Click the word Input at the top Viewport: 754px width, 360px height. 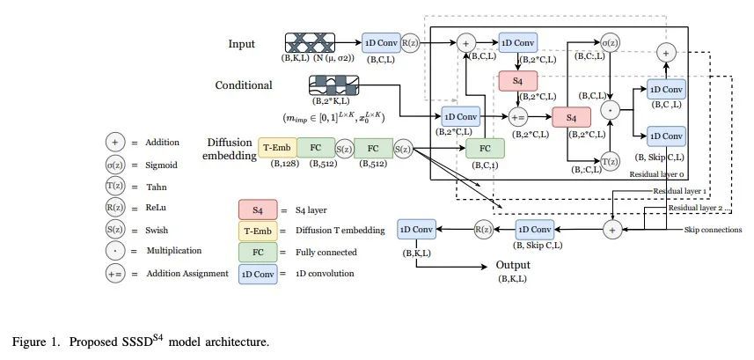242,43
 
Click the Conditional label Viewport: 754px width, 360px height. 244,85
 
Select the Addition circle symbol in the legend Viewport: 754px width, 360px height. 114,142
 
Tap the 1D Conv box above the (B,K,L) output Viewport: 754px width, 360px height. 416,229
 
